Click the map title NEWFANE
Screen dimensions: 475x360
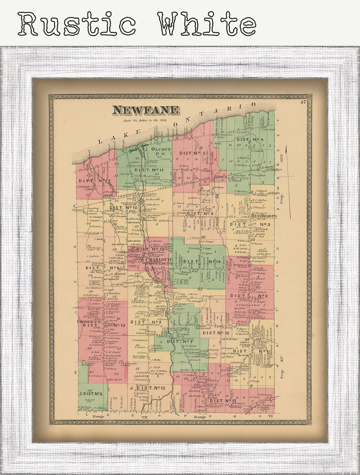146,110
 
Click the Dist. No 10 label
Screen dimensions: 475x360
123,208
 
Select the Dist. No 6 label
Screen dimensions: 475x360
200,213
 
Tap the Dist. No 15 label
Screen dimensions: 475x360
223,401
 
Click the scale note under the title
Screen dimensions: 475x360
146,120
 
